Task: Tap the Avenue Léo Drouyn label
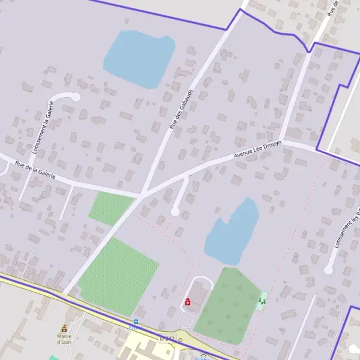point(257,150)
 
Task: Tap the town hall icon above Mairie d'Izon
point(64,328)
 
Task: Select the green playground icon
point(262,300)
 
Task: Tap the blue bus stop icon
point(136,322)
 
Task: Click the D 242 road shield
point(167,339)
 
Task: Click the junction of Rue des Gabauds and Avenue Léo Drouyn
point(142,195)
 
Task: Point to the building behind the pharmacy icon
point(197,296)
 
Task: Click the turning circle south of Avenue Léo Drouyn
point(175,211)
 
